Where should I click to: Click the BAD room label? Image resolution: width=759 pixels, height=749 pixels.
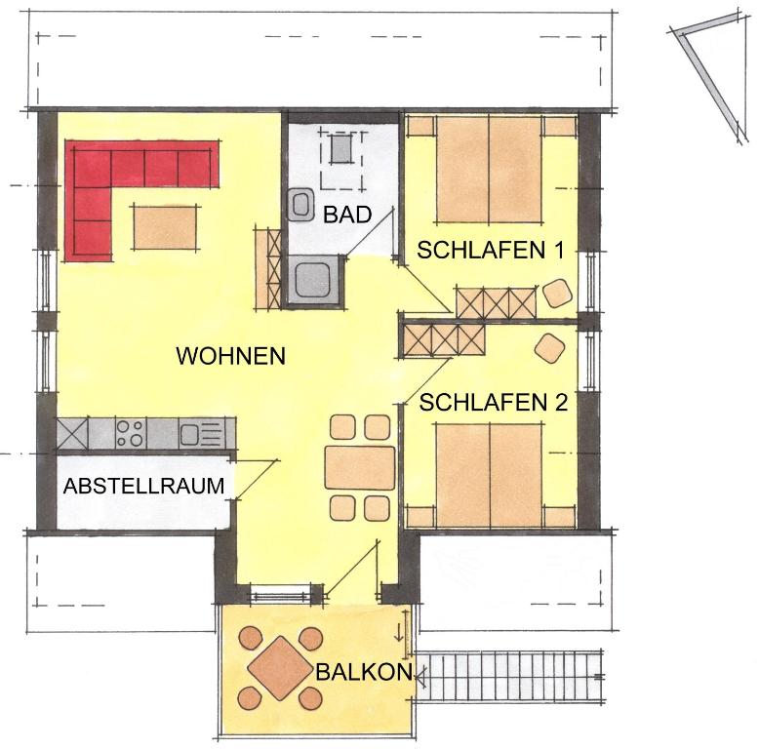click(x=347, y=215)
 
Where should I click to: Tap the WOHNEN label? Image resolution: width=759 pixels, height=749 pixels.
click(x=230, y=356)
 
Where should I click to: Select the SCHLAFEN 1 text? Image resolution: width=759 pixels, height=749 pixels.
click(x=491, y=250)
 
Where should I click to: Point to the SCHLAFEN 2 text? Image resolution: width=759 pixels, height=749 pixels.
click(x=493, y=402)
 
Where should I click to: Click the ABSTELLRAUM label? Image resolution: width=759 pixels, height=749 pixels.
click(x=143, y=486)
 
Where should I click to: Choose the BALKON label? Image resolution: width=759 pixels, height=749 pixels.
click(x=364, y=672)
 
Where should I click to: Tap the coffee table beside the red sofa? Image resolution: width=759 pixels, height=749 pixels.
click(x=165, y=227)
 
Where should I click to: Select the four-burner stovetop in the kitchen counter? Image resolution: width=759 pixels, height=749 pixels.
click(x=131, y=433)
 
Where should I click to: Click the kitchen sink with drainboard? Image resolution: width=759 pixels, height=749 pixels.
click(x=201, y=434)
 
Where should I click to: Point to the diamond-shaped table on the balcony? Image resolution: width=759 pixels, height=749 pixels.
click(x=280, y=668)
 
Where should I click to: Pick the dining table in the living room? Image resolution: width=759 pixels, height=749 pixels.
click(x=360, y=468)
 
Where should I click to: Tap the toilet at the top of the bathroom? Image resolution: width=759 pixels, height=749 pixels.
click(x=341, y=149)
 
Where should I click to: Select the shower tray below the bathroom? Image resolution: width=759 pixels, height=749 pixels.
click(x=313, y=280)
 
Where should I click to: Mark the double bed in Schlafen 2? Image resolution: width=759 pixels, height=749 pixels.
click(x=489, y=476)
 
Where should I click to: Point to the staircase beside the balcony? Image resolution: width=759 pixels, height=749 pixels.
click(x=509, y=677)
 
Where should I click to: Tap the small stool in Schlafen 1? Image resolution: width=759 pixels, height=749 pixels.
click(x=557, y=293)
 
